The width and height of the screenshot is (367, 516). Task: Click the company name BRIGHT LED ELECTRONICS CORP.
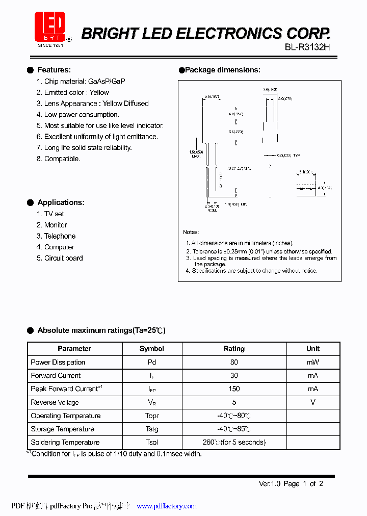(206, 34)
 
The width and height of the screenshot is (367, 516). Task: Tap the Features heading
(54, 70)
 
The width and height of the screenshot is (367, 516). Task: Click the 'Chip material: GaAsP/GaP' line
(81, 81)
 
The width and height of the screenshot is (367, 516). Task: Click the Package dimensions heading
(222, 70)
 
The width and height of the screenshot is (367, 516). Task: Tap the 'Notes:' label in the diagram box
(191, 232)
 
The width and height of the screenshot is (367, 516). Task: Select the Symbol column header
(152, 349)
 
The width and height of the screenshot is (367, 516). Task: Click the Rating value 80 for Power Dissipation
(234, 362)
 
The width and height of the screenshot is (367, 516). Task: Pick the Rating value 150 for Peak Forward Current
(234, 389)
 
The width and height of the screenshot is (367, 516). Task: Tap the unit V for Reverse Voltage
(313, 402)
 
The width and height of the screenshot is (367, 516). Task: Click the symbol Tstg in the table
(152, 429)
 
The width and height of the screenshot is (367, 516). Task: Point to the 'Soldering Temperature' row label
(65, 442)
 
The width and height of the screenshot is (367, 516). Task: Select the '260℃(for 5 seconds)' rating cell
(234, 442)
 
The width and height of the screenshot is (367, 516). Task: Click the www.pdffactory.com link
(167, 506)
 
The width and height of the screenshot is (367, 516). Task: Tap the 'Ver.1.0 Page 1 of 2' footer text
(291, 483)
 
